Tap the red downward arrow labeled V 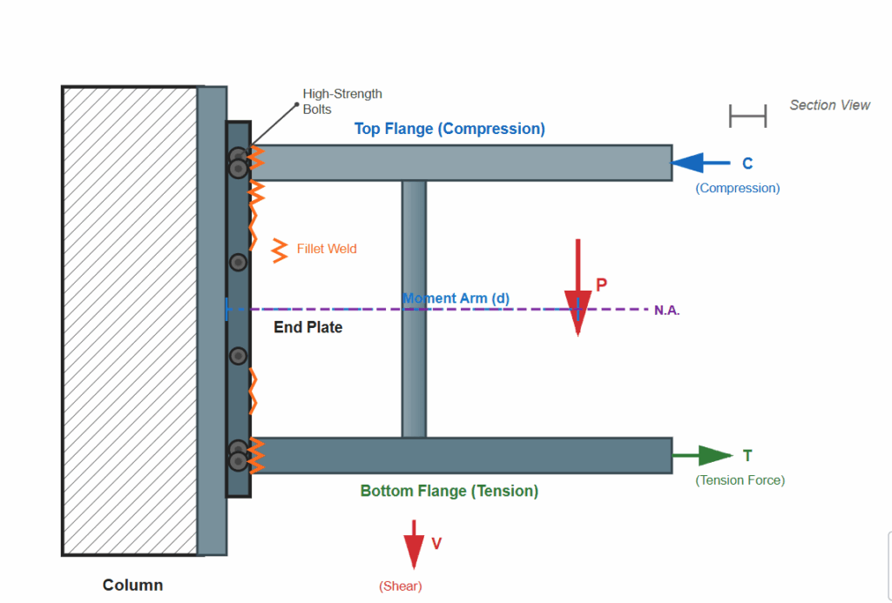(414, 545)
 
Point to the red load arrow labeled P (578, 287)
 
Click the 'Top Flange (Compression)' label (449, 129)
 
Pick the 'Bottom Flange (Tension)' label (449, 491)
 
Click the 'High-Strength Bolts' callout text (341, 102)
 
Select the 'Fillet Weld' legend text (327, 249)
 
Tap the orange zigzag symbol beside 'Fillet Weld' (280, 250)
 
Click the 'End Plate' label (308, 328)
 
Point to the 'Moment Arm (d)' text (456, 298)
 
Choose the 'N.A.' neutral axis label (667, 311)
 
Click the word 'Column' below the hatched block (132, 585)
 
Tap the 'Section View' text (829, 105)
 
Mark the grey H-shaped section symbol (747, 116)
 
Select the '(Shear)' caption (400, 586)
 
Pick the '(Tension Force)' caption (740, 480)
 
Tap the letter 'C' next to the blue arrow (747, 164)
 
